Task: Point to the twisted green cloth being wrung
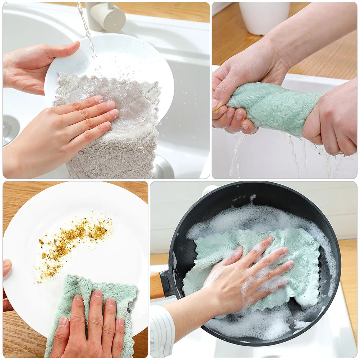click(x=273, y=108)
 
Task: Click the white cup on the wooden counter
click(x=264, y=18)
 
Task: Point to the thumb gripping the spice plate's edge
click(x=6, y=268)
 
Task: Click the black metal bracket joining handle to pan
click(x=167, y=284)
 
